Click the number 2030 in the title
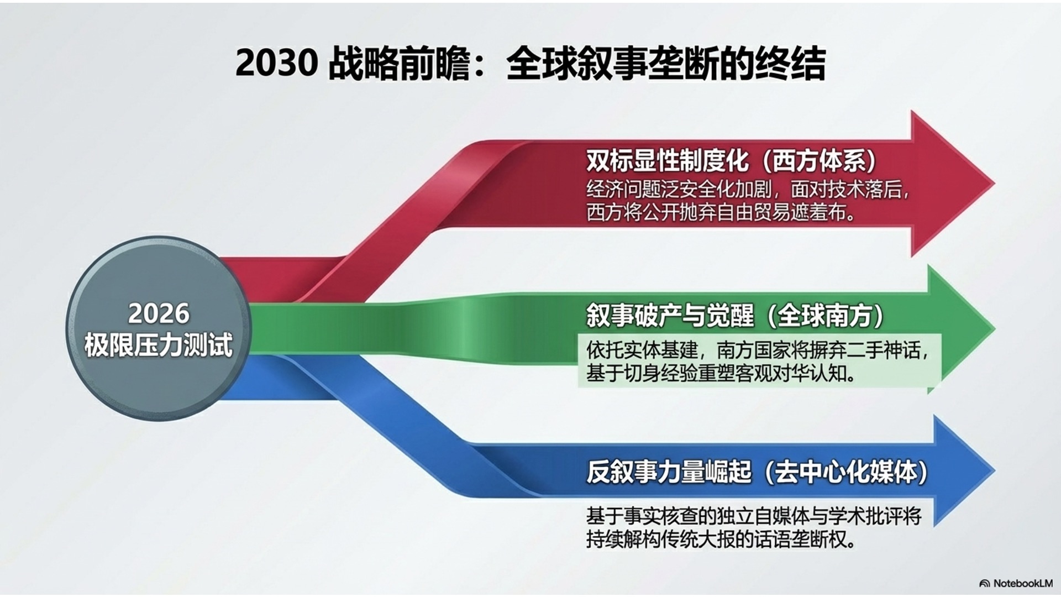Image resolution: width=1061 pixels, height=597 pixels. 276,64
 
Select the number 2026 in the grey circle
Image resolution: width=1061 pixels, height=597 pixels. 159,313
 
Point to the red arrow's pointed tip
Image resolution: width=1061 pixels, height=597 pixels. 995,184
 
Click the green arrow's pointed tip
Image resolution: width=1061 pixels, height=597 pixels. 995,328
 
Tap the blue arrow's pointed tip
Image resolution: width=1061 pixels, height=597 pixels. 995,471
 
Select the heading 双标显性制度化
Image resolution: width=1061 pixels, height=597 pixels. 668,161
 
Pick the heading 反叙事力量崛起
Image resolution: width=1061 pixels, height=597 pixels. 669,473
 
